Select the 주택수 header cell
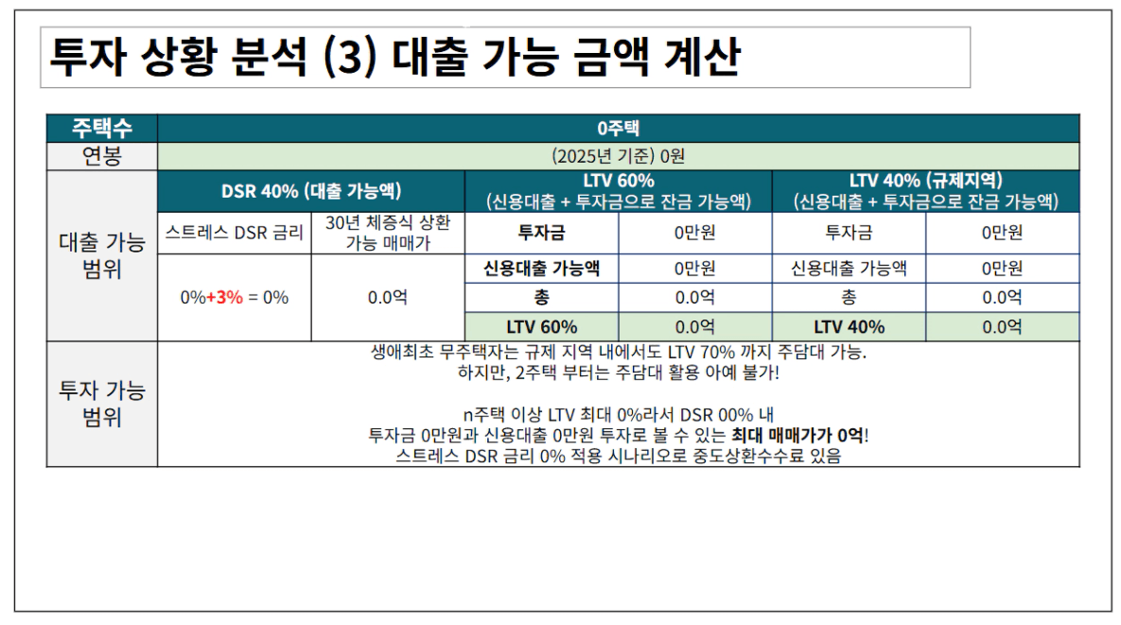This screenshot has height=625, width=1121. (x=101, y=129)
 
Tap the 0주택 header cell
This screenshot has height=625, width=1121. (x=618, y=129)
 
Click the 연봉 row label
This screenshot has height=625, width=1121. (x=101, y=156)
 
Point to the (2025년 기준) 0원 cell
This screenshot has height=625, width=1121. (x=618, y=156)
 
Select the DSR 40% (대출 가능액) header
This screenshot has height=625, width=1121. (x=311, y=191)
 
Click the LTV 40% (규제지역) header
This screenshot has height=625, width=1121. (x=925, y=191)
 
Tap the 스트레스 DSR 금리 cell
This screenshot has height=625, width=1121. (x=234, y=233)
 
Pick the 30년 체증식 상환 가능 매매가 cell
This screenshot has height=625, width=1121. (x=388, y=233)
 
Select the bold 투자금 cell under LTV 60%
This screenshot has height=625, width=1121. (x=541, y=233)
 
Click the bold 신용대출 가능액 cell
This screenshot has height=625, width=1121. (x=541, y=269)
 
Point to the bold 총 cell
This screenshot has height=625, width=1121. (x=541, y=297)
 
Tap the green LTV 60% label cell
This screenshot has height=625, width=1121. (x=541, y=327)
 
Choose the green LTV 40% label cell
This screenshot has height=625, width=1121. (x=849, y=327)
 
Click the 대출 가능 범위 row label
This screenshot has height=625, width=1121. (x=101, y=255)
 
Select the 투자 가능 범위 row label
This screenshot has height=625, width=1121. (x=101, y=404)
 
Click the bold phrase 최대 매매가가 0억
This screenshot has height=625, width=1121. (x=797, y=436)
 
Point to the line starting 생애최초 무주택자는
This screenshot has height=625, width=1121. (x=618, y=352)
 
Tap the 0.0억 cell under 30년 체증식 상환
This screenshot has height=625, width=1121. (x=388, y=297)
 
